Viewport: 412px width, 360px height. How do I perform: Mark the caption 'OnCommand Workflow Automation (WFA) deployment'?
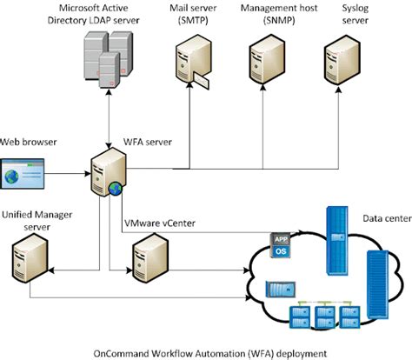pyautogui.click(x=206, y=352)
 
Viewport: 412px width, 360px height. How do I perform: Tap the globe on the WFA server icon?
pyautogui.click(x=115, y=187)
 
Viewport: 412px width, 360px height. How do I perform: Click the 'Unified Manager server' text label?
pyautogui.click(x=35, y=217)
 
